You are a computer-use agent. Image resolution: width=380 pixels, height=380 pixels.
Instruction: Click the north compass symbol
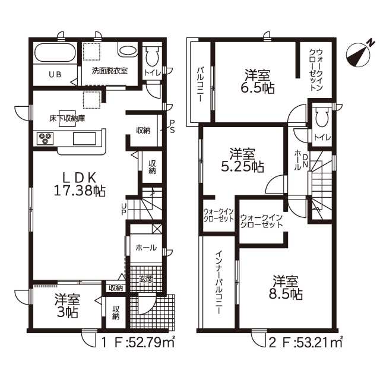tap(359, 54)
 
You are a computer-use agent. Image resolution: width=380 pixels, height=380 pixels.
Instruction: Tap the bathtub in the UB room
tap(55, 53)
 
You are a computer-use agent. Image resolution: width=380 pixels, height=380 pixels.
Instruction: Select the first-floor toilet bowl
tap(152, 56)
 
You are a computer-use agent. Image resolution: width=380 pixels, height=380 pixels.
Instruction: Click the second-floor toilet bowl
tap(322, 116)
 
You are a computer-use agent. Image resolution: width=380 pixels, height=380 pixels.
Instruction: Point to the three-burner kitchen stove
tap(45, 138)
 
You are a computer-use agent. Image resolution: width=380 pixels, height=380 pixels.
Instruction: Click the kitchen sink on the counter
tap(84, 138)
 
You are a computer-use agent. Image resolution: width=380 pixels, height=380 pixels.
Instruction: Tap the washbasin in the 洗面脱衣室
tap(128, 50)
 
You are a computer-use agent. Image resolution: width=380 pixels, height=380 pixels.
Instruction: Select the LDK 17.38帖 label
tap(80, 184)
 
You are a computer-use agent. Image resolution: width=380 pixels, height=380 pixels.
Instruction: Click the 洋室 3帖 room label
tap(67, 306)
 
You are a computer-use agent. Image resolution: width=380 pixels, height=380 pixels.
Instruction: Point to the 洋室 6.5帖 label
tap(257, 81)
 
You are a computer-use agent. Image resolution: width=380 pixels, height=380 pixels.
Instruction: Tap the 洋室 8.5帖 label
tap(286, 287)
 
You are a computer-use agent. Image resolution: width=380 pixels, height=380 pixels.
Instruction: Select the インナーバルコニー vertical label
tap(219, 283)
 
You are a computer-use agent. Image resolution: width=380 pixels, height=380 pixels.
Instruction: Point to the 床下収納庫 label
tap(67, 119)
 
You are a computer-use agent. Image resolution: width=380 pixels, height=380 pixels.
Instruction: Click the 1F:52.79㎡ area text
tap(137, 343)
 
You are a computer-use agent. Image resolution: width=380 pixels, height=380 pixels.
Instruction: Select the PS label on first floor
tap(172, 126)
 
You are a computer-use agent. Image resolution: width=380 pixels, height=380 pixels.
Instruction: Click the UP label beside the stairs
tap(124, 209)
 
